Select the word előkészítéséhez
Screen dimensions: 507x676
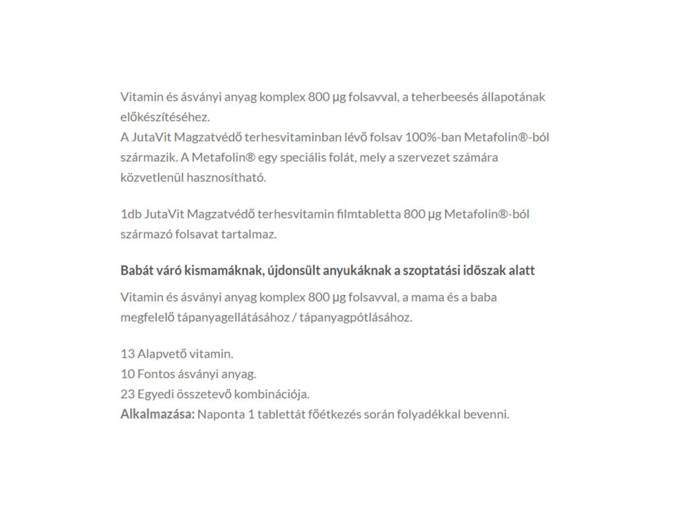(x=164, y=118)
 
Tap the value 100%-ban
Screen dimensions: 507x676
(x=437, y=138)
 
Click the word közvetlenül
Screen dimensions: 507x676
(x=152, y=178)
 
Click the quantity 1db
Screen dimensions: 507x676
(x=129, y=215)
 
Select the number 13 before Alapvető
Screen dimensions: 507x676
(x=127, y=354)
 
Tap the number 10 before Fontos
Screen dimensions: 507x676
(x=127, y=374)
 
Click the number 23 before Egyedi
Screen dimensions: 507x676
(x=127, y=395)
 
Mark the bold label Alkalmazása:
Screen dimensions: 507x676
(x=157, y=415)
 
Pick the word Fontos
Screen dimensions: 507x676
(x=156, y=374)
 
